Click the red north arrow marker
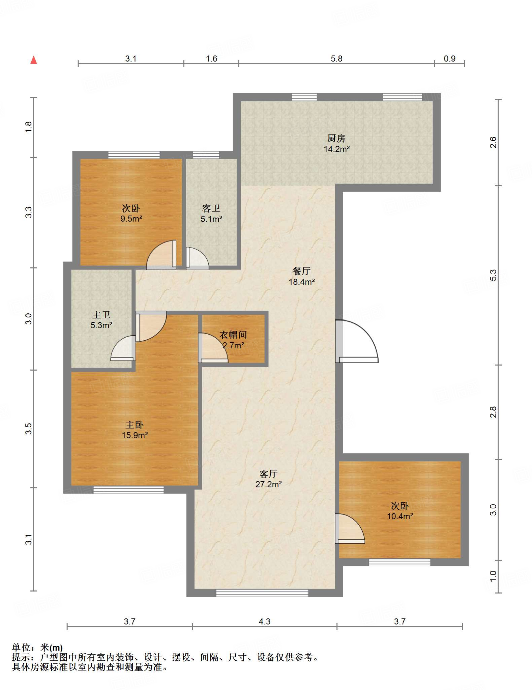click(33, 60)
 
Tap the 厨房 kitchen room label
click(336, 138)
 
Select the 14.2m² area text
click(336, 149)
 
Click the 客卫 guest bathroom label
click(211, 208)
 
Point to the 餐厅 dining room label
click(301, 271)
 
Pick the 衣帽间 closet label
click(233, 335)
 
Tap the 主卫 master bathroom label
click(101, 315)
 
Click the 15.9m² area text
click(135, 435)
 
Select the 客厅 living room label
click(268, 474)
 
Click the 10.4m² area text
click(400, 516)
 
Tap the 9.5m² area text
click(131, 218)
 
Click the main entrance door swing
click(357, 341)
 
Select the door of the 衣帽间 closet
click(213, 348)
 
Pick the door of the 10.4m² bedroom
click(350, 529)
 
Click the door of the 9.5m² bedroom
click(161, 255)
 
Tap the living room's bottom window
click(262, 593)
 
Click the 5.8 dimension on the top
click(336, 59)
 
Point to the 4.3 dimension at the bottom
click(265, 621)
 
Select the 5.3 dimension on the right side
click(493, 275)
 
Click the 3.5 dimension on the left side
click(29, 429)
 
